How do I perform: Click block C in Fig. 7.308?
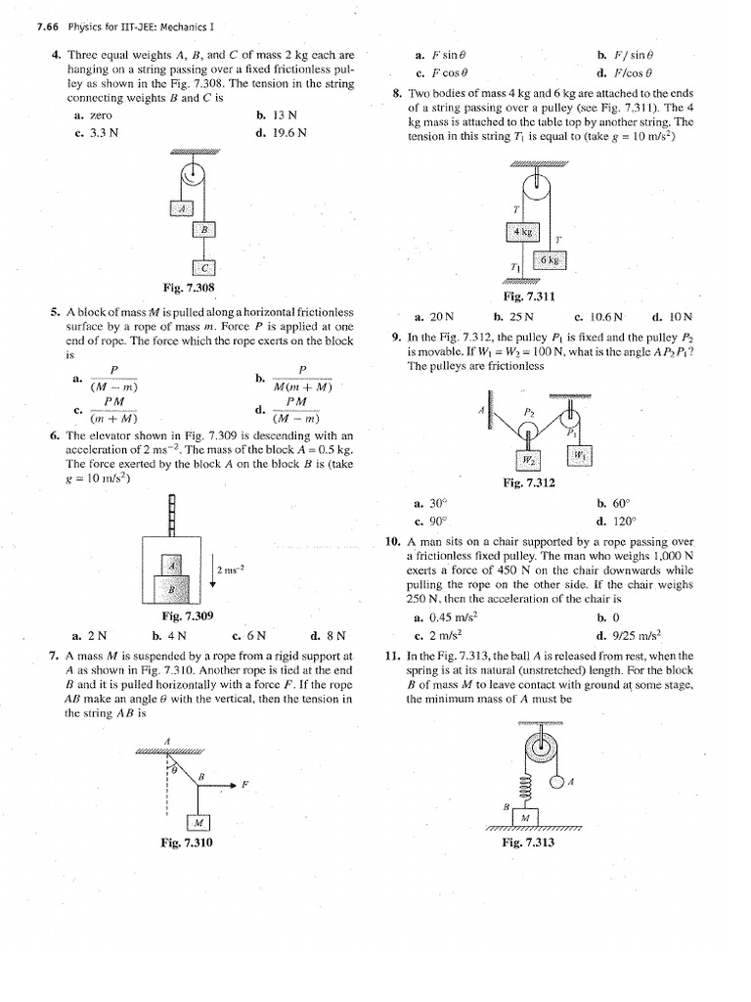click(x=204, y=267)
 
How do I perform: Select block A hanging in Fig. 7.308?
click(x=181, y=207)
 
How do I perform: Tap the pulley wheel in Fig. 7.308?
click(x=193, y=176)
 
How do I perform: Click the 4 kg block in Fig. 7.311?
click(x=520, y=232)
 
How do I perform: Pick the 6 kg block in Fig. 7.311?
click(x=549, y=260)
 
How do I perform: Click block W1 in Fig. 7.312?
click(x=579, y=454)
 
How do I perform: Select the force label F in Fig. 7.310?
click(x=245, y=784)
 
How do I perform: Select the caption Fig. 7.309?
click(x=187, y=615)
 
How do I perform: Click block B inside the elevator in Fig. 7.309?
click(x=172, y=589)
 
